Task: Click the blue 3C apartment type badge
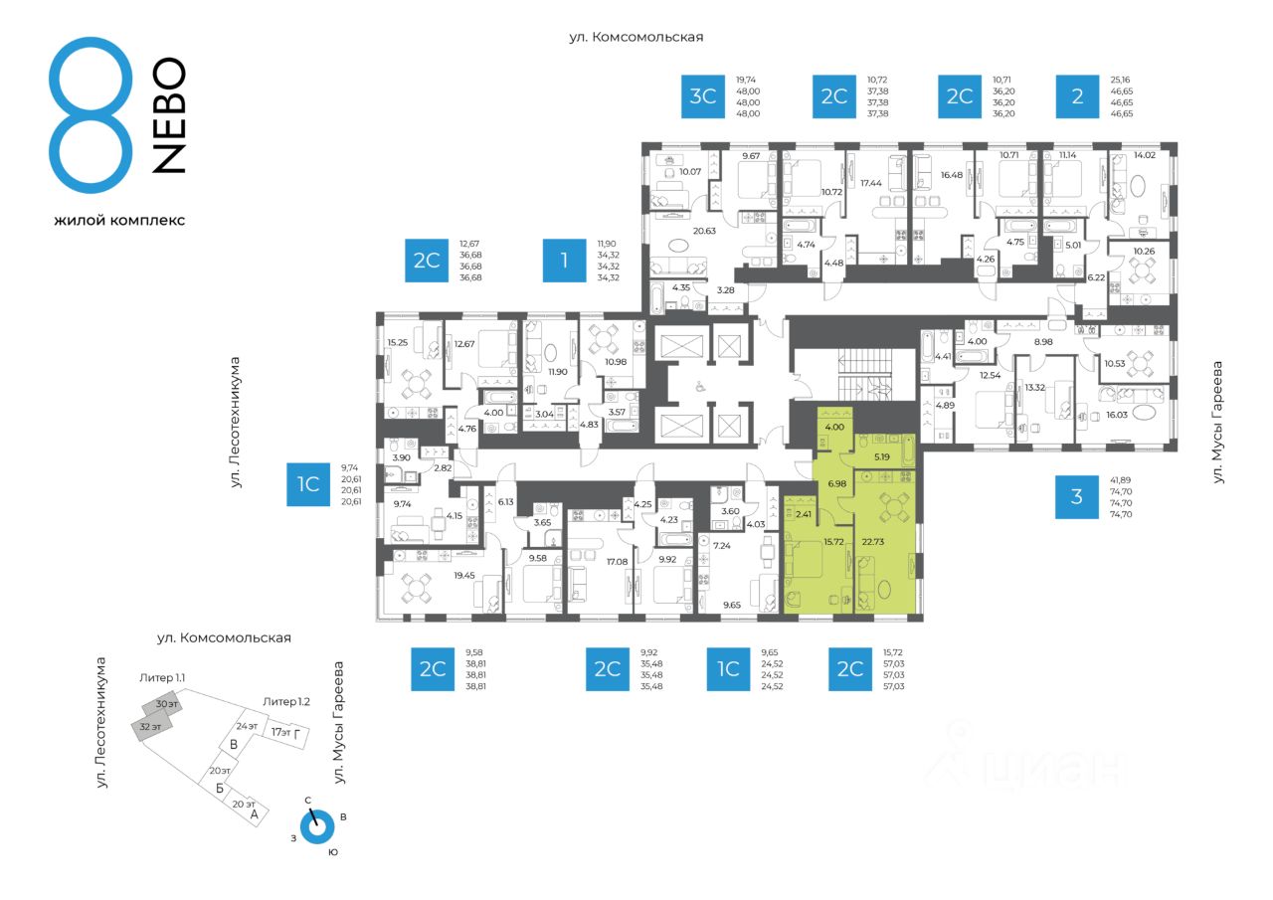tap(703, 96)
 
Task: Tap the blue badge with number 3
tap(1077, 496)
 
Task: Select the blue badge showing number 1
tap(565, 261)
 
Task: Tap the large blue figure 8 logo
tap(90, 117)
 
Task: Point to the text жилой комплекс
tap(119, 220)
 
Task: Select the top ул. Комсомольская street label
tap(636, 37)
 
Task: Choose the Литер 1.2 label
tap(286, 701)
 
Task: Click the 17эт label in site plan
tap(281, 732)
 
